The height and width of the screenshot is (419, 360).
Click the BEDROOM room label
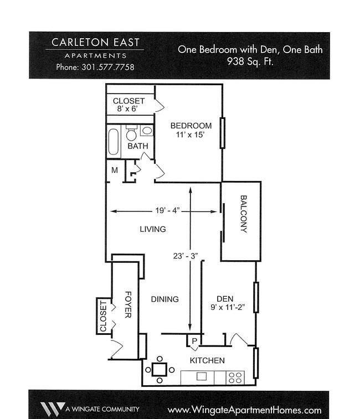[191, 126]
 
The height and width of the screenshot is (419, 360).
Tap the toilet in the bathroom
[131, 133]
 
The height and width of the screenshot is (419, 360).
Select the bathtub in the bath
[114, 142]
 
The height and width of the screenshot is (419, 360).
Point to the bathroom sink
[147, 131]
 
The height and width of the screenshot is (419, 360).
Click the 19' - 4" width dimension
[167, 210]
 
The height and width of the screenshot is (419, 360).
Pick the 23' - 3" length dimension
[186, 256]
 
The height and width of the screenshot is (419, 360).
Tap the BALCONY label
[244, 214]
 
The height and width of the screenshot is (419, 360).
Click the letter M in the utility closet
[115, 170]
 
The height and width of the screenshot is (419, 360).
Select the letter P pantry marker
[194, 341]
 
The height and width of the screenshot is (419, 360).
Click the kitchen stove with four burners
[235, 377]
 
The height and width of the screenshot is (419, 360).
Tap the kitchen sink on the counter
[202, 376]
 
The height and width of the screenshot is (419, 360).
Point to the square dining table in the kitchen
[160, 370]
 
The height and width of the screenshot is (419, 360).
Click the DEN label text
[225, 299]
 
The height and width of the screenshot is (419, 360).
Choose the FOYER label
[128, 304]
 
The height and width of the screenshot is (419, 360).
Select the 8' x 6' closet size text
[127, 108]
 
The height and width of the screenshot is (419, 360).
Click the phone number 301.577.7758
[108, 67]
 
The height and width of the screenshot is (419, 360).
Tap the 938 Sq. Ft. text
[250, 61]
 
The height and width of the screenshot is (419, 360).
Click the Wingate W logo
[52, 409]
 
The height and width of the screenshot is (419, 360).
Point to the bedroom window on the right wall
[222, 133]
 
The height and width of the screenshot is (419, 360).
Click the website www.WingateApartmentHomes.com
[244, 410]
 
